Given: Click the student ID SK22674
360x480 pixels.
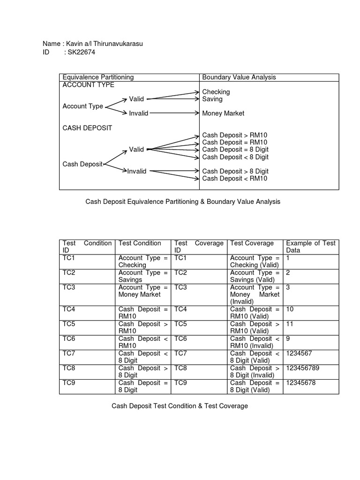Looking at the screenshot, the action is click(81, 52).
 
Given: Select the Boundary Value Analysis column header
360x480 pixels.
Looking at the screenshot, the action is click(239, 77).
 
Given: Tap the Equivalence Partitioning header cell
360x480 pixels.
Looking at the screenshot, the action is click(98, 77).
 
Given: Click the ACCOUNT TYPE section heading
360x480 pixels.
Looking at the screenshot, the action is click(88, 85).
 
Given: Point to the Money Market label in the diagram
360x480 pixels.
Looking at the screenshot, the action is click(223, 113).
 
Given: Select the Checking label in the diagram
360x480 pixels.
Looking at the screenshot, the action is click(216, 92).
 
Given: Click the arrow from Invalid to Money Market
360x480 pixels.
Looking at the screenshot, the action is click(173, 113).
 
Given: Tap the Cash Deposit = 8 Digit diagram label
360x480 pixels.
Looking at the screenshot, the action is click(235, 150).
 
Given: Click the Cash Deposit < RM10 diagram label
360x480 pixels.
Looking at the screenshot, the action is click(235, 178).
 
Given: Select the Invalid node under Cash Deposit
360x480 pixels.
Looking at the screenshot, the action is click(136, 171).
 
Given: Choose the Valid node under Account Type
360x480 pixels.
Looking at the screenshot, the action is click(136, 99).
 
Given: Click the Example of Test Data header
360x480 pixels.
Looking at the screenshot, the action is click(310, 247).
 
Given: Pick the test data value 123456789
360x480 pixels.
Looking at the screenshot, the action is click(302, 368).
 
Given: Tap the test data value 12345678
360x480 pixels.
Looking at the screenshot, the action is click(300, 382).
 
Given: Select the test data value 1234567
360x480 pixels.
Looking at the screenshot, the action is click(299, 353).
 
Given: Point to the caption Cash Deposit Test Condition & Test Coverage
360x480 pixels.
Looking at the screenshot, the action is click(180, 405).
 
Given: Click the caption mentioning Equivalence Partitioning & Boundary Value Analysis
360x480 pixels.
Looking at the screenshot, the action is click(183, 202).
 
